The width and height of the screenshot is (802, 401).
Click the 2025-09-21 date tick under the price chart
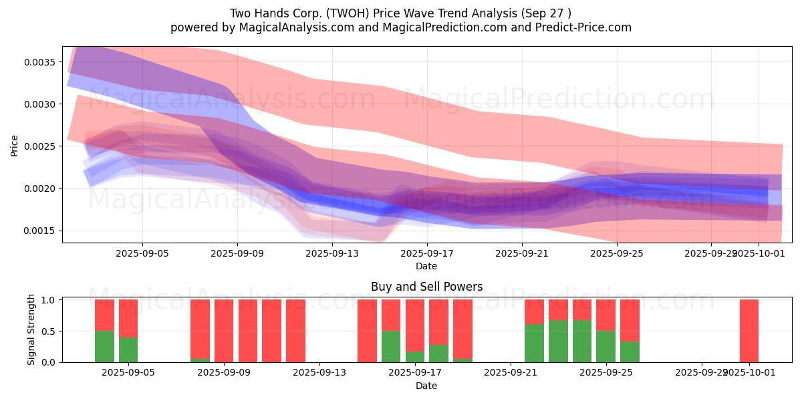coord(521,253)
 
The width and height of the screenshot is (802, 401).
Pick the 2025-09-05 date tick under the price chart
coord(142,253)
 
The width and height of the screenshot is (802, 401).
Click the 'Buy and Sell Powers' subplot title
coord(426,287)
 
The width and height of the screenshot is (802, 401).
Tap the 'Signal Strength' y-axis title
coord(31,331)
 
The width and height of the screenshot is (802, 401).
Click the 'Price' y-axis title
coord(15,144)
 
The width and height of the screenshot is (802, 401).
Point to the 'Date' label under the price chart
coord(426,266)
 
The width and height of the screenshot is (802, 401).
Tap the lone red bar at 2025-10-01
coord(749,331)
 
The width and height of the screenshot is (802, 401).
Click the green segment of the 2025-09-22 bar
coord(534,343)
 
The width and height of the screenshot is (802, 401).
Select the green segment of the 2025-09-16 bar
coord(391,346)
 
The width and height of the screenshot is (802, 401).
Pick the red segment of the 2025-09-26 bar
coord(630,320)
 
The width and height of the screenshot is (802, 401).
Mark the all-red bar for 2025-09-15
coord(367,331)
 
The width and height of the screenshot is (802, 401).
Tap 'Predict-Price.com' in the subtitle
coord(578,27)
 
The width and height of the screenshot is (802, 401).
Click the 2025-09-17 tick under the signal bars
coord(415,373)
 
